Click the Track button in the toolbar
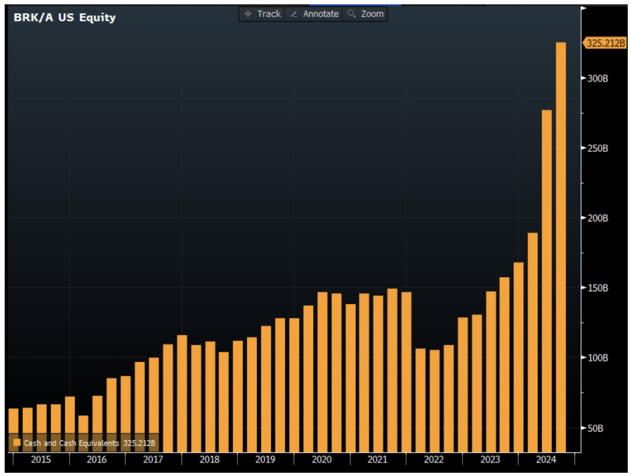[x=262, y=14]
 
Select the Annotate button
[x=314, y=14]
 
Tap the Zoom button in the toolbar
[x=366, y=14]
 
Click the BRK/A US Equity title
[x=65, y=17]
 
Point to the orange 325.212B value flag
[x=605, y=43]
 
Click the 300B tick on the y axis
[x=597, y=78]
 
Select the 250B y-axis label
[x=597, y=148]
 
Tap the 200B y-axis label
[x=597, y=218]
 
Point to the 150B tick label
[x=597, y=288]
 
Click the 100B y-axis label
[x=597, y=358]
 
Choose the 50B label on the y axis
[x=595, y=428]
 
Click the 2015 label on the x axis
[x=41, y=459]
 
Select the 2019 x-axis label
[x=265, y=459]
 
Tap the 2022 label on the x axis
[x=433, y=459]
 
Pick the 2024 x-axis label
[x=546, y=459]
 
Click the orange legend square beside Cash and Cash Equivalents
[x=17, y=443]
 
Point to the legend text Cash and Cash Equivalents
[x=71, y=443]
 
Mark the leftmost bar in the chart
[x=13, y=421]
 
